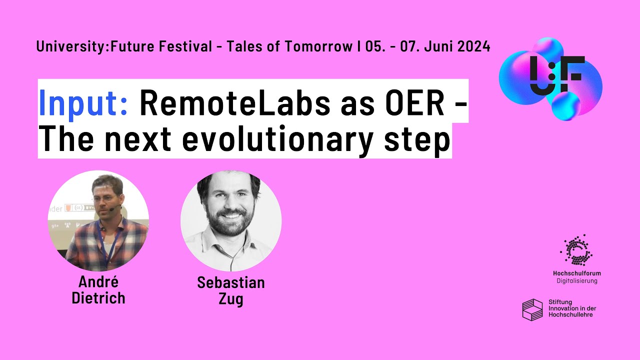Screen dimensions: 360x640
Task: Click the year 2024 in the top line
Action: pyautogui.click(x=473, y=46)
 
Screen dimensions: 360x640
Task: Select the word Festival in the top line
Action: pyautogui.click(x=186, y=46)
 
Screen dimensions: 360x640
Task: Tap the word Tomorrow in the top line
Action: pyautogui.click(x=318, y=46)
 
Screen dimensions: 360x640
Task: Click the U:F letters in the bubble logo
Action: pyautogui.click(x=555, y=75)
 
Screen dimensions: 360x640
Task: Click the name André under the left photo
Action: pyautogui.click(x=98, y=282)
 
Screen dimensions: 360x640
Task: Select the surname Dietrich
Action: pyautogui.click(x=98, y=298)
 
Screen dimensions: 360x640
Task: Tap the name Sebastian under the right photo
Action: pyautogui.click(x=230, y=282)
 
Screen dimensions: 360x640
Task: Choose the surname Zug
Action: pyautogui.click(x=230, y=300)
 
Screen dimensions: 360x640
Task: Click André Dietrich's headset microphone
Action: pyautogui.click(x=112, y=209)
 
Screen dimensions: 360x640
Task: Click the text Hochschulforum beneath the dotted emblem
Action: pyautogui.click(x=576, y=273)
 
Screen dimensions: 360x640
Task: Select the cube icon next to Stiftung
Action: pyautogui.click(x=532, y=309)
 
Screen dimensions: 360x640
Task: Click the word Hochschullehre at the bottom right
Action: pyautogui.click(x=570, y=315)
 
